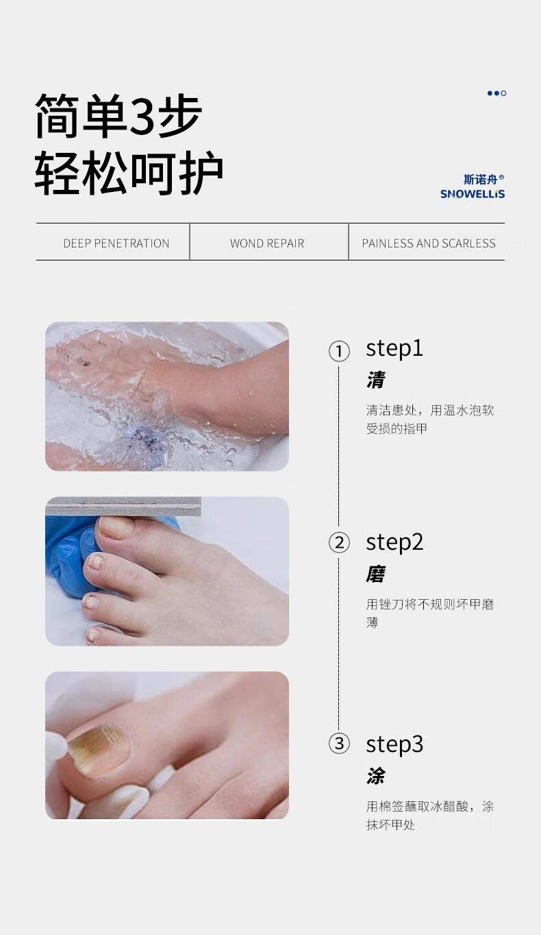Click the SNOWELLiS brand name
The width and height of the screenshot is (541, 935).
click(473, 194)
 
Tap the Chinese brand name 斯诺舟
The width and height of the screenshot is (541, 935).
click(481, 180)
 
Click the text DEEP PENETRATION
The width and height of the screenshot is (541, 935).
click(116, 243)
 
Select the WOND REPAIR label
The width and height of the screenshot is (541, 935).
click(267, 243)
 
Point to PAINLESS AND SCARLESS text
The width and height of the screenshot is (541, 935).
click(429, 243)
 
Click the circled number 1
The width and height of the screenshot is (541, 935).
click(339, 351)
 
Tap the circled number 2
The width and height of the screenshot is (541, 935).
click(339, 543)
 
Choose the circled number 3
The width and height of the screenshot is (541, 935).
click(339, 744)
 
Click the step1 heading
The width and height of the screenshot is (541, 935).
click(394, 350)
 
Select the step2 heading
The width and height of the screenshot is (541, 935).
click(394, 543)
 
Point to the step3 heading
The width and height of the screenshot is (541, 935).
click(394, 744)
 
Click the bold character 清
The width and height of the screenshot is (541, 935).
click(375, 380)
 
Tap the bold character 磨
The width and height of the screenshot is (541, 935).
click(375, 574)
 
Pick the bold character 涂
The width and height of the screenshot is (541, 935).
click(375, 776)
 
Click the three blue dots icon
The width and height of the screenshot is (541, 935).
click(496, 93)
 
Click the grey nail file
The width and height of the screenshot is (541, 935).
click(123, 507)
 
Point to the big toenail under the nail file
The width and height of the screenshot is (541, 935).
click(116, 527)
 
